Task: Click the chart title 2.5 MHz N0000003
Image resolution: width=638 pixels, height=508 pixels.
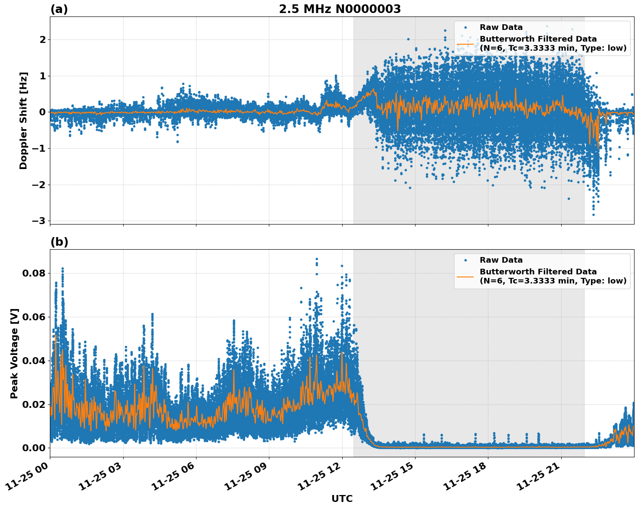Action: [340, 9]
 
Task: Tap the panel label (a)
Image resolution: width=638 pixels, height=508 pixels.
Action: [59, 9]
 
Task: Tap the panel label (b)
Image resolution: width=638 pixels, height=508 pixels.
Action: [59, 242]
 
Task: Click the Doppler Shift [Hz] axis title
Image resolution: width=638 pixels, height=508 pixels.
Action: [23, 120]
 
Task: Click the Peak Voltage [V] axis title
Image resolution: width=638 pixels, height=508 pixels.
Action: [14, 353]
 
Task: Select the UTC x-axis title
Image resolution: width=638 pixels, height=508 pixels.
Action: [342, 498]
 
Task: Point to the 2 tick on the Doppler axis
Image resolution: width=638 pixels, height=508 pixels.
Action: [43, 39]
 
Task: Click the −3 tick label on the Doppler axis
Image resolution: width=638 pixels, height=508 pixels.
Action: [39, 221]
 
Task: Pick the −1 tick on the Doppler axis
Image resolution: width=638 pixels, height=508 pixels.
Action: [39, 148]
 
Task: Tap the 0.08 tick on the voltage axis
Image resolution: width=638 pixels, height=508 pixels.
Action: [33, 273]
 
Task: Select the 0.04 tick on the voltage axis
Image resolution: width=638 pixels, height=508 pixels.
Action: [33, 361]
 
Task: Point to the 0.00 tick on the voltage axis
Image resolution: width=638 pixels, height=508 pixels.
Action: [33, 448]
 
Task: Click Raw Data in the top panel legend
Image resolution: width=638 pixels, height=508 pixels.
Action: [501, 27]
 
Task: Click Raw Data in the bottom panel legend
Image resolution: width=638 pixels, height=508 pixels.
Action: [501, 260]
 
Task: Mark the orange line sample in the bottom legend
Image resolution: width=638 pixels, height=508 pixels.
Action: [465, 277]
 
